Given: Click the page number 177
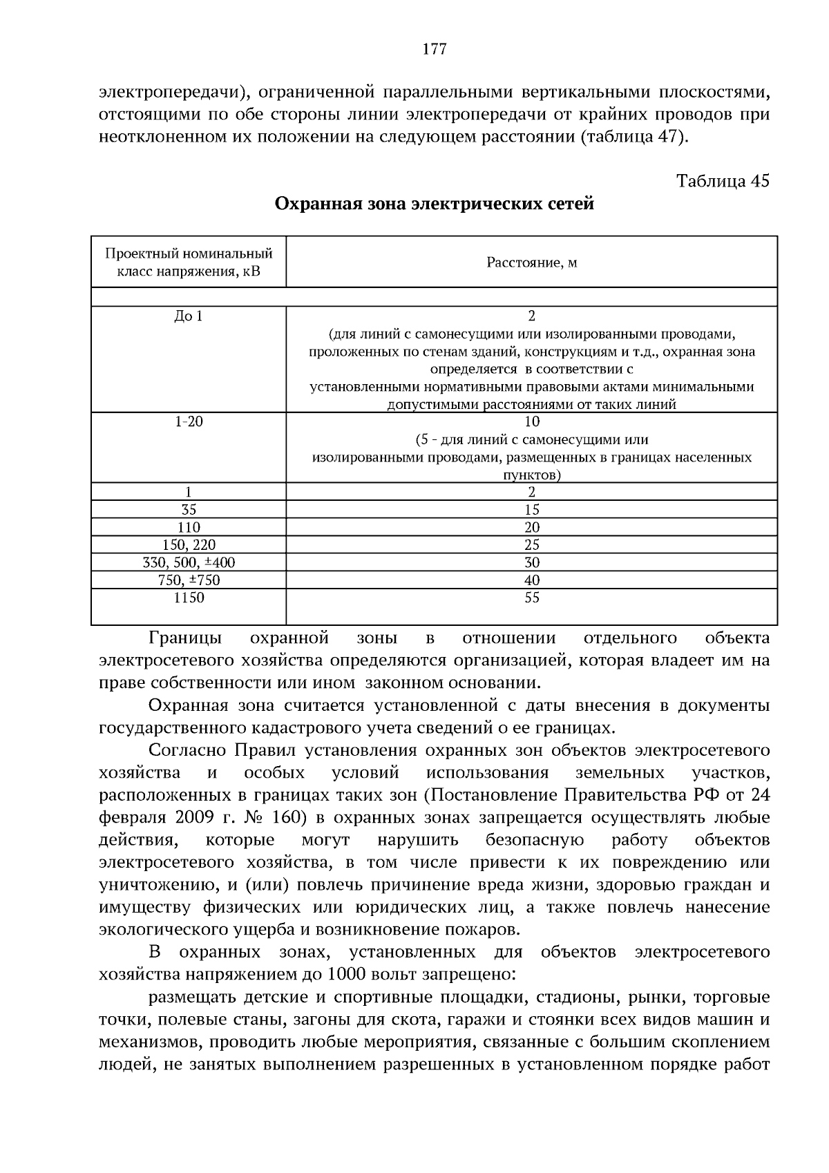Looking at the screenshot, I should pos(434,49).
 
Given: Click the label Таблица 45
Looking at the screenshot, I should pos(723,181).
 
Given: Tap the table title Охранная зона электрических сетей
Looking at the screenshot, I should pos(435,204).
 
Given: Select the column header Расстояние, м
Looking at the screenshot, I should pos(531,263).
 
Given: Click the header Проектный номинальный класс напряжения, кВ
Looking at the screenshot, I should pos(189,263).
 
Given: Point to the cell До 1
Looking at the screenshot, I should pos(189,316).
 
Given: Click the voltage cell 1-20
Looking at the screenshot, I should pos(189,421).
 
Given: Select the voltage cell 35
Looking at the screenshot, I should pos(189,510).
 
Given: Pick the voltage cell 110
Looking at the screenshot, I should pos(189,527).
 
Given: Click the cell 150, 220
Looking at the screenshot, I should pos(189,545).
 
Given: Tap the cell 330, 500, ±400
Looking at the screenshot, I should pos(189,562).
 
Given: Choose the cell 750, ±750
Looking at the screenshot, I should pos(189,580).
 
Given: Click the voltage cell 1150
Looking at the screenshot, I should pos(189,598).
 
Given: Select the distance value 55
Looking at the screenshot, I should pos(531,598).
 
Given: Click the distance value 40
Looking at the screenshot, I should pos(531,580).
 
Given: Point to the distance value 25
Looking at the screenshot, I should pos(531,545).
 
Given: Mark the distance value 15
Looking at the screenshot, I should pos(531,510).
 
